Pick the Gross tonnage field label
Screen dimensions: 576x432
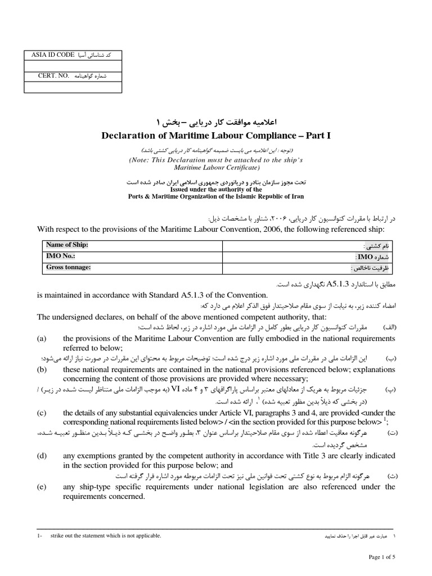(x=68, y=267)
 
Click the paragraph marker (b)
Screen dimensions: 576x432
(x=42, y=370)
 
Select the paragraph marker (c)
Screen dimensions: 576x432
(x=42, y=412)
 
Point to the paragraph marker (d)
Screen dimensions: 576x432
(x=42, y=455)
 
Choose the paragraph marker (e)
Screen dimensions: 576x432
(x=42, y=487)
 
